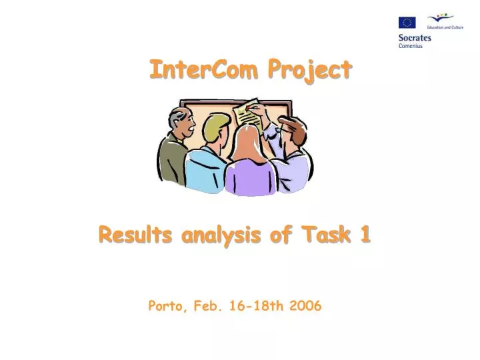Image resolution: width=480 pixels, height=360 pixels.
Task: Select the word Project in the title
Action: click(x=309, y=71)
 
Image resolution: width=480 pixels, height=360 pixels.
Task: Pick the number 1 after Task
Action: click(x=365, y=235)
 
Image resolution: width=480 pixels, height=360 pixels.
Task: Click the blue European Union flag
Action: click(x=407, y=23)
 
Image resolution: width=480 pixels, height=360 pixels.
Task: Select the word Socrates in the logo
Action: click(x=415, y=38)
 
